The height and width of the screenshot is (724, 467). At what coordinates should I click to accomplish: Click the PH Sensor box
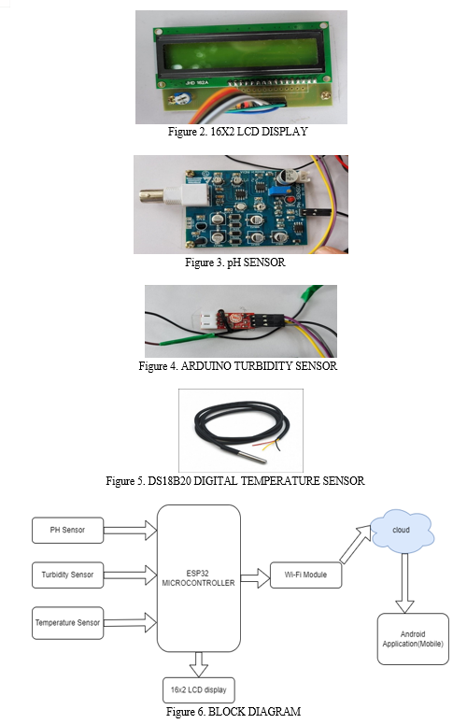[68, 530]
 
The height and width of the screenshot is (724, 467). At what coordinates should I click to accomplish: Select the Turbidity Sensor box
[68, 575]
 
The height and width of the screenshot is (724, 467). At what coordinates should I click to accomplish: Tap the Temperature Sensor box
[68, 623]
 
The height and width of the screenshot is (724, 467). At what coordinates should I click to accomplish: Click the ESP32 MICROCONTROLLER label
[198, 578]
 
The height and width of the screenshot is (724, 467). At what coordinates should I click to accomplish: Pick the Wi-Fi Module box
[306, 575]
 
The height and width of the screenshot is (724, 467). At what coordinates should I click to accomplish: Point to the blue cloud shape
[402, 531]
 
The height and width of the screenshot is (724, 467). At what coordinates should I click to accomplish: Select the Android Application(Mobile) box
[413, 639]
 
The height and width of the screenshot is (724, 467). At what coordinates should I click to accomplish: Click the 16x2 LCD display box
[199, 690]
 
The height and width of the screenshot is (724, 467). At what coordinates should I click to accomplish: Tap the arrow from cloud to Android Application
[404, 583]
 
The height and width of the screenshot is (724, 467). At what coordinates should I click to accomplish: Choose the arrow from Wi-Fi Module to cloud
[356, 544]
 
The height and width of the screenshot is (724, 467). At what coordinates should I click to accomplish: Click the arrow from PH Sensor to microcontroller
[130, 530]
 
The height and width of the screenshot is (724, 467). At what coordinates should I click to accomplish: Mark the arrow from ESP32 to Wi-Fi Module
[255, 578]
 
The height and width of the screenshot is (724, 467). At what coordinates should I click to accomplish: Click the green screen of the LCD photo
[240, 57]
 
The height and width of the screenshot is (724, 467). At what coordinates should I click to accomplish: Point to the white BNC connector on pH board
[176, 196]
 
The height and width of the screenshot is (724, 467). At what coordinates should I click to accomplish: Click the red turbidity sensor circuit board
[236, 319]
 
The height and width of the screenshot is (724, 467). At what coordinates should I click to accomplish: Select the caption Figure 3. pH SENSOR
[235, 263]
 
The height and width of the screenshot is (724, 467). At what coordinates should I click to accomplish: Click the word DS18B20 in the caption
[169, 481]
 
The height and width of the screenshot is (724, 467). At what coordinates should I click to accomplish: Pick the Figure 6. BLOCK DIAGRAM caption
[233, 712]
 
